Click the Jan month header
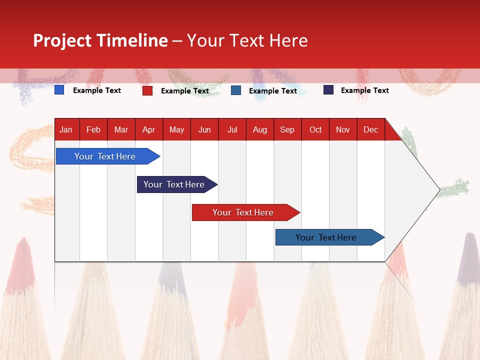coord(66,129)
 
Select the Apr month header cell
coord(148,129)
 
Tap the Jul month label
coord(232,129)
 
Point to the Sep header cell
coord(287,129)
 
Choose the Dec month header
coord(370,129)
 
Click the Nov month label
coord(342,129)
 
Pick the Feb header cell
coord(93,129)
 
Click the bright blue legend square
coord(59,90)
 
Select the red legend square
coord(147,90)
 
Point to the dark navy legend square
coord(328,90)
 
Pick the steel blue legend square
coord(236,90)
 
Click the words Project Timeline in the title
coord(100,40)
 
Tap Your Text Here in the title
coord(247,40)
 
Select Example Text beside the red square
coord(184,91)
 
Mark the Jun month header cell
coord(204,129)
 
